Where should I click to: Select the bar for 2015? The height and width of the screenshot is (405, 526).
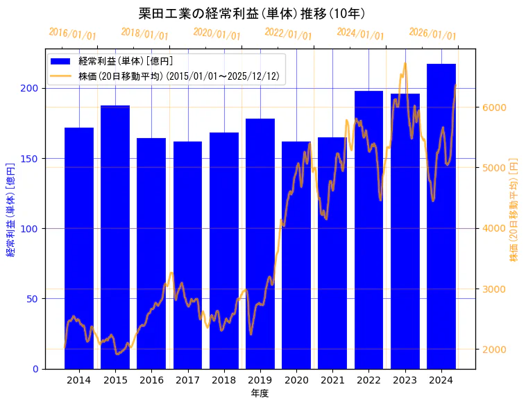115,236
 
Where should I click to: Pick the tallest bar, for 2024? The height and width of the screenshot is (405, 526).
441,216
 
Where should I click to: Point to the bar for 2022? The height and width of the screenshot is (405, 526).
368,230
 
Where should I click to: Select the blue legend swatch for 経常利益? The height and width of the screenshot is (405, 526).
62,61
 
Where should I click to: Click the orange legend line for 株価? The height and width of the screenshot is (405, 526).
62,76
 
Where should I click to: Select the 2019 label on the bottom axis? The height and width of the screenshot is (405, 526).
260,380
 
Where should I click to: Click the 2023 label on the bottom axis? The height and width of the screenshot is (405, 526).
405,380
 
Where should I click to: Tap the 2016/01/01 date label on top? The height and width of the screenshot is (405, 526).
73,34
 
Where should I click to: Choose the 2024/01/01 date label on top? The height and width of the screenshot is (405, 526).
360,34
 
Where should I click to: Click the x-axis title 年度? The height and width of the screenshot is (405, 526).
260,393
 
